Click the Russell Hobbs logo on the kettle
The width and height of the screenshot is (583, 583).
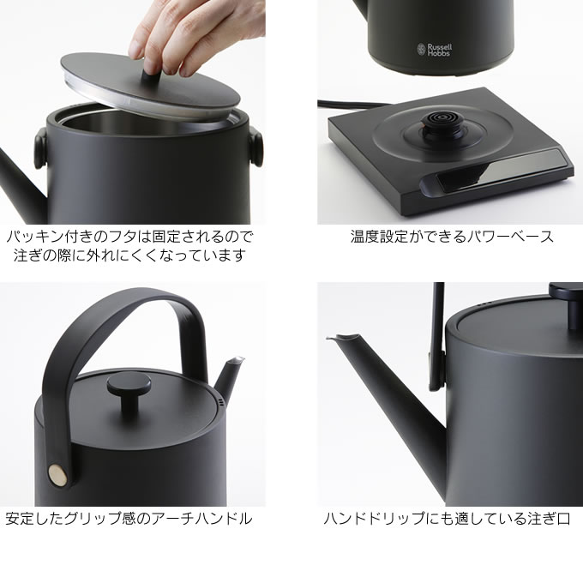(x=435, y=50)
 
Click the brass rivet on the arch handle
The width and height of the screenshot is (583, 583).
(x=58, y=475)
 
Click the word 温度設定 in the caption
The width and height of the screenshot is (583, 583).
(x=379, y=237)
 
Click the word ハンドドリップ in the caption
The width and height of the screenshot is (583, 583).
(x=376, y=519)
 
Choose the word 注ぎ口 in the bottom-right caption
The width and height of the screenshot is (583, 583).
(x=549, y=519)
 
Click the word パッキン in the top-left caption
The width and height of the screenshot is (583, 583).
(x=35, y=237)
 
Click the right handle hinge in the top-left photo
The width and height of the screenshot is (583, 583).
(x=256, y=146)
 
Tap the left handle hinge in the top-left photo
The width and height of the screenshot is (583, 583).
(x=41, y=147)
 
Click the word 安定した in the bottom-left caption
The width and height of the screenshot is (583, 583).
(x=34, y=519)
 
